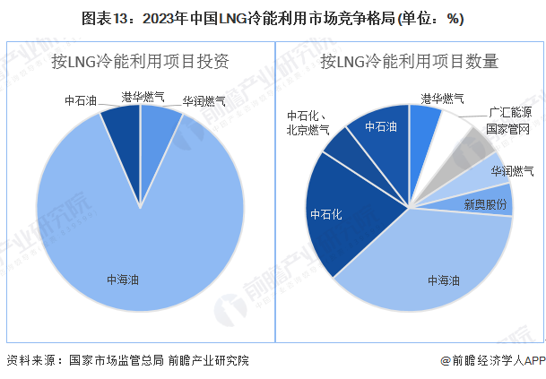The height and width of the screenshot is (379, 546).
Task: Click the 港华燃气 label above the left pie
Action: [143, 96]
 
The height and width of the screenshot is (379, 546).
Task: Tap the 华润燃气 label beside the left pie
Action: [202, 102]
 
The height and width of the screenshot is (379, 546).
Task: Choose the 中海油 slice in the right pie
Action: [430, 260]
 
